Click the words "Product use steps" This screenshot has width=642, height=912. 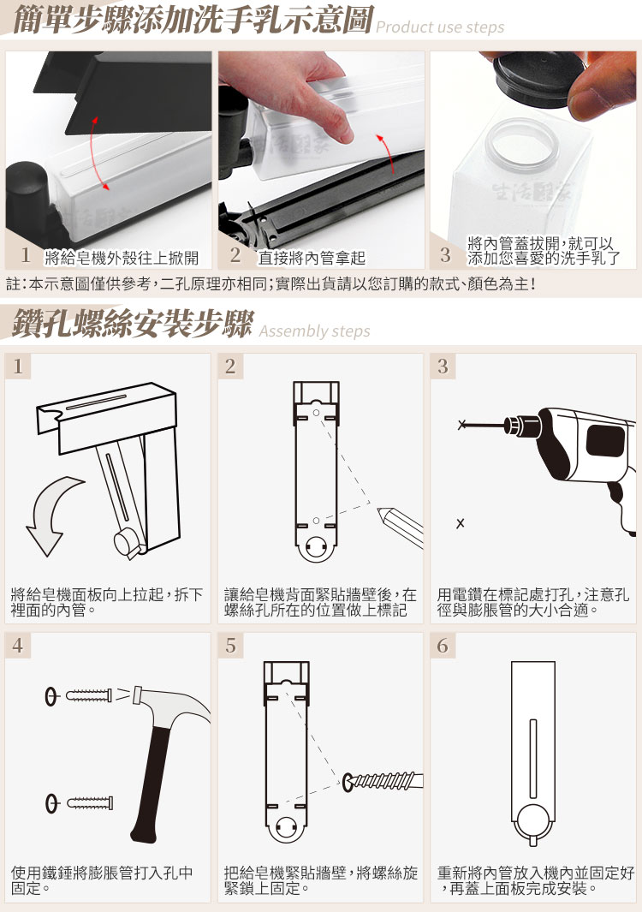[440, 27]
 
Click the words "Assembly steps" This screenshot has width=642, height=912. [315, 331]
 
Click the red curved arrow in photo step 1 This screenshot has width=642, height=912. [98, 153]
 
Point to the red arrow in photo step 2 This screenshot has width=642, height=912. [387, 153]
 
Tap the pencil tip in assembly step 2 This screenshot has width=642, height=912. [381, 512]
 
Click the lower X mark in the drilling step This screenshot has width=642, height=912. [460, 523]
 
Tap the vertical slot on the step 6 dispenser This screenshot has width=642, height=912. [532, 759]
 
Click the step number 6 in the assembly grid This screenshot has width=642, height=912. [443, 646]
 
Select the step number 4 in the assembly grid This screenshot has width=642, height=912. [17, 646]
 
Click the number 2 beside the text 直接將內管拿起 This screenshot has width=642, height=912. [235, 254]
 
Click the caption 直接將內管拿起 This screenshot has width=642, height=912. [312, 258]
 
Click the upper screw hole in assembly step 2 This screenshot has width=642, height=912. [316, 413]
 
